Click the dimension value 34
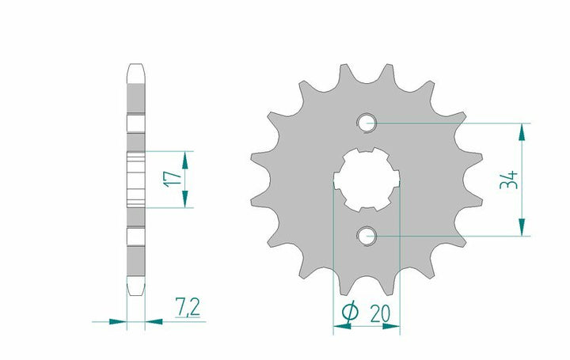coord(509,180)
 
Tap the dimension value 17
coord(173,179)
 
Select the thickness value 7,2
coord(188,307)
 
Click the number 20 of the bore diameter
coord(380,313)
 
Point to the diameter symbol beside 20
coord(350,313)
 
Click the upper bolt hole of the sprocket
coord(367,123)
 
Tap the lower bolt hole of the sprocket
coord(367,236)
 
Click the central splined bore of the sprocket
coord(367,180)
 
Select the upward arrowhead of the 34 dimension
coord(522,132)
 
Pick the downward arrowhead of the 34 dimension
coord(522,227)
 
